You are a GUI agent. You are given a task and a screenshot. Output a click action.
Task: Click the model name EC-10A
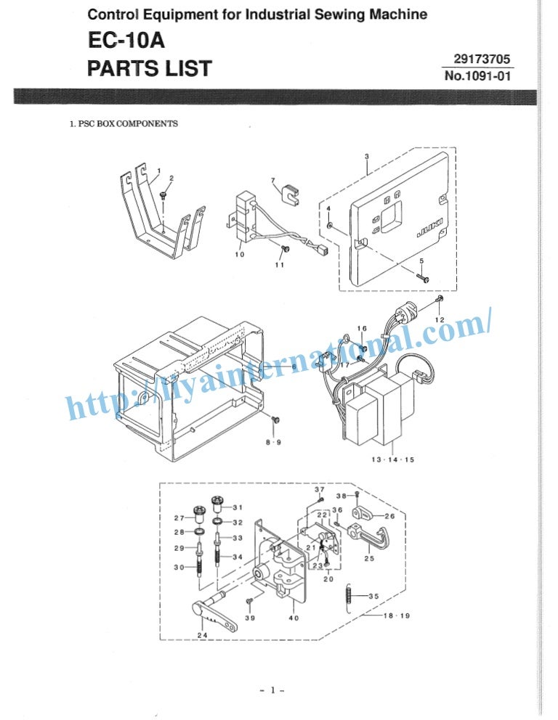(119, 41)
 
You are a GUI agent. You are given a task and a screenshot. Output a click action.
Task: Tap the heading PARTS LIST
(149, 68)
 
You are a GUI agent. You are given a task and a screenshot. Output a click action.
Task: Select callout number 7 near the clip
(272, 180)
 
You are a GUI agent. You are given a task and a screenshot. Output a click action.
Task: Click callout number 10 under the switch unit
(239, 254)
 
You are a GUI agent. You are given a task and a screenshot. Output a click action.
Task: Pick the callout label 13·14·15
(392, 459)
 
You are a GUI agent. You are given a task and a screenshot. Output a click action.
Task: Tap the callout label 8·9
(274, 441)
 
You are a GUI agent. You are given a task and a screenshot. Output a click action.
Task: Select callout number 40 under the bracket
(294, 618)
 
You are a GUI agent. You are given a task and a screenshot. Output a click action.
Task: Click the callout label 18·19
(396, 615)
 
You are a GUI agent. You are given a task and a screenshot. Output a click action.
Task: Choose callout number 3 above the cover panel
(367, 156)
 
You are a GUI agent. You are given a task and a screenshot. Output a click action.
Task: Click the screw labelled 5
(424, 277)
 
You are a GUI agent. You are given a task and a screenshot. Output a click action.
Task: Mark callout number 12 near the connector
(439, 320)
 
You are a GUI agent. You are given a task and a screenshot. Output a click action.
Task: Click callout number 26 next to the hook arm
(389, 517)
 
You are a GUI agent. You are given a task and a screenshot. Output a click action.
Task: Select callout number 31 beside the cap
(238, 507)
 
